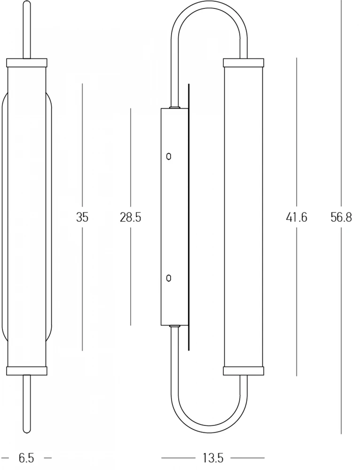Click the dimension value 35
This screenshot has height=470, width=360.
coord(82,217)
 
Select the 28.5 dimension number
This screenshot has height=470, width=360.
coord(130,217)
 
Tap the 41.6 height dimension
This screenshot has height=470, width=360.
coord(297,217)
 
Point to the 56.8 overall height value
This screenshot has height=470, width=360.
coord(341,217)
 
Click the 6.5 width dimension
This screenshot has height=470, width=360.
coord(26,458)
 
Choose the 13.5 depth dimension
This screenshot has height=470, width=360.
coord(213,458)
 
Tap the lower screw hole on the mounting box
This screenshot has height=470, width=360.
coord(169,278)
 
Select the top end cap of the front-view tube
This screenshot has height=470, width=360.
coord(27,63)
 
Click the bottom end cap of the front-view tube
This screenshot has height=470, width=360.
coord(27,370)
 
